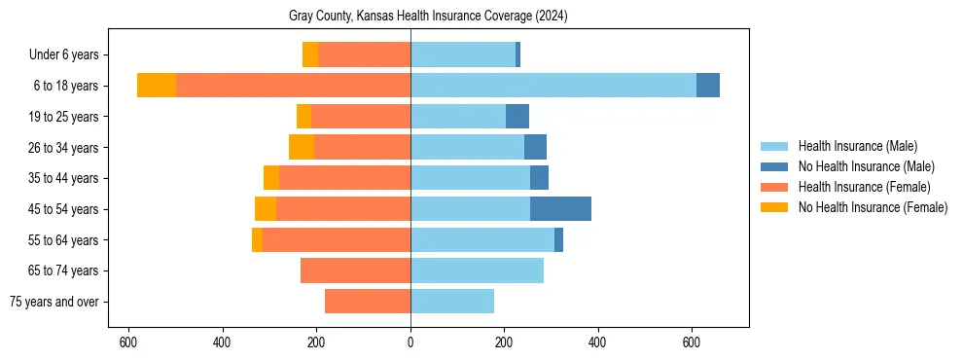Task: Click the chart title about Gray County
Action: click(x=428, y=17)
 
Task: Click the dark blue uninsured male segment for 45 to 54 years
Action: click(x=560, y=209)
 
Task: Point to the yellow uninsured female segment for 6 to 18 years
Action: click(x=156, y=86)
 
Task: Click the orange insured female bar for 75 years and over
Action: click(x=368, y=302)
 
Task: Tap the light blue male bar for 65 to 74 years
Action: click(x=477, y=270)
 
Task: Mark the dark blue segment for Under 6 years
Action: click(x=517, y=54)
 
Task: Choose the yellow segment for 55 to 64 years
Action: click(x=257, y=240)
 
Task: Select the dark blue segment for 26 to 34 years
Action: click(x=535, y=148)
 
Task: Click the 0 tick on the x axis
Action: click(x=410, y=342)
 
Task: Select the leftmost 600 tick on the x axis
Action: click(x=127, y=342)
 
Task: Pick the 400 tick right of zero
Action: click(x=597, y=342)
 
